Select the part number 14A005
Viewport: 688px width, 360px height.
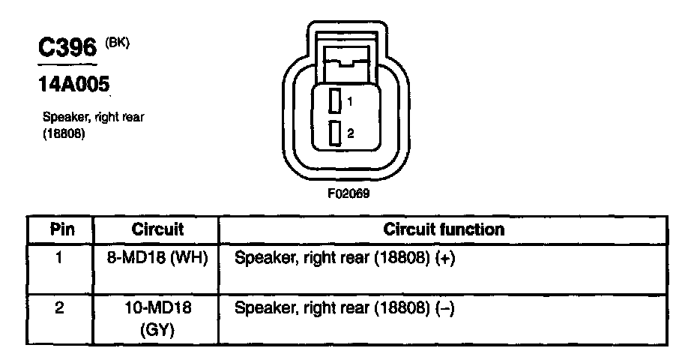pos(68,85)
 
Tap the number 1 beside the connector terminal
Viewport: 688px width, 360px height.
pos(350,100)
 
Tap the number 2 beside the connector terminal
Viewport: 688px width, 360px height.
pos(350,133)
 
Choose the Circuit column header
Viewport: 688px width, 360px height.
pos(157,229)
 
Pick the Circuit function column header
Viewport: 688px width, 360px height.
pos(444,229)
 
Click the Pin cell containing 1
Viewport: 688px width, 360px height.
pos(59,258)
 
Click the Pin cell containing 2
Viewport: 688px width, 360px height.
pos(59,308)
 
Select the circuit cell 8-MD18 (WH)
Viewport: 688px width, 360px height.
pos(157,258)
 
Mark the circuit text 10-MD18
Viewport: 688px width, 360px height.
pos(157,308)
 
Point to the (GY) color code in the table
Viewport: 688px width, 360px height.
pos(157,329)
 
